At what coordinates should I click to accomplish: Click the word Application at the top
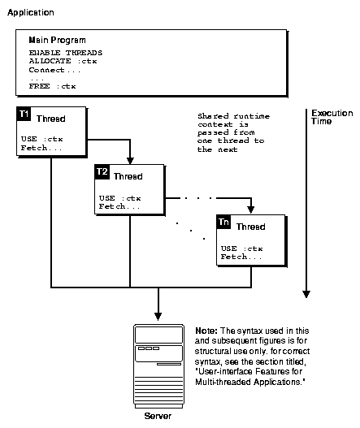(30, 14)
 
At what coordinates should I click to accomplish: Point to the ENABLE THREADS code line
(62, 53)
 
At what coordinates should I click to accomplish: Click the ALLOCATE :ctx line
(62, 61)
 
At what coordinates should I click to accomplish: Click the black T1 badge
(24, 115)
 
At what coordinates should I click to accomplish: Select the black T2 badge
(102, 172)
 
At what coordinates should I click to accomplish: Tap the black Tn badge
(223, 222)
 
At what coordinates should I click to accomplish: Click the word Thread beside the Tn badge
(250, 227)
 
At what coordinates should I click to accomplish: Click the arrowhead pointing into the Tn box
(252, 210)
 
